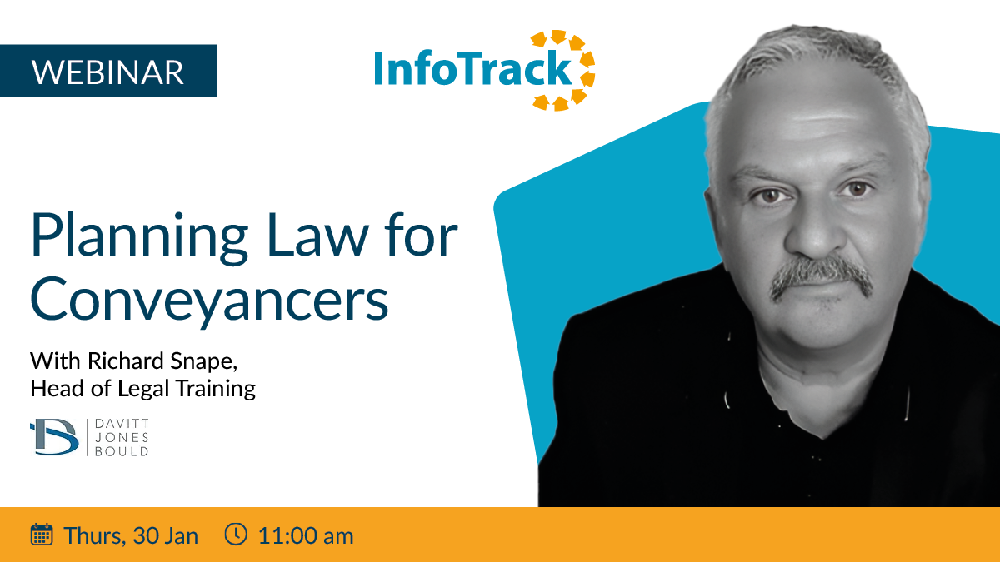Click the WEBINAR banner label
pos(107,72)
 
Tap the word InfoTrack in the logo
pos(473,67)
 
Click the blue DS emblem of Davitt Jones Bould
pos(54,436)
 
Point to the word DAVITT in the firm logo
pos(122,423)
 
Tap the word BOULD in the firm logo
pos(122,452)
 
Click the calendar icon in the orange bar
pos(42,535)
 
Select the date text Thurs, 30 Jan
pos(131,535)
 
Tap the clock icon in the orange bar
pos(236,534)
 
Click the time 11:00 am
pos(306,535)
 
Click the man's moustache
pos(821,276)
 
